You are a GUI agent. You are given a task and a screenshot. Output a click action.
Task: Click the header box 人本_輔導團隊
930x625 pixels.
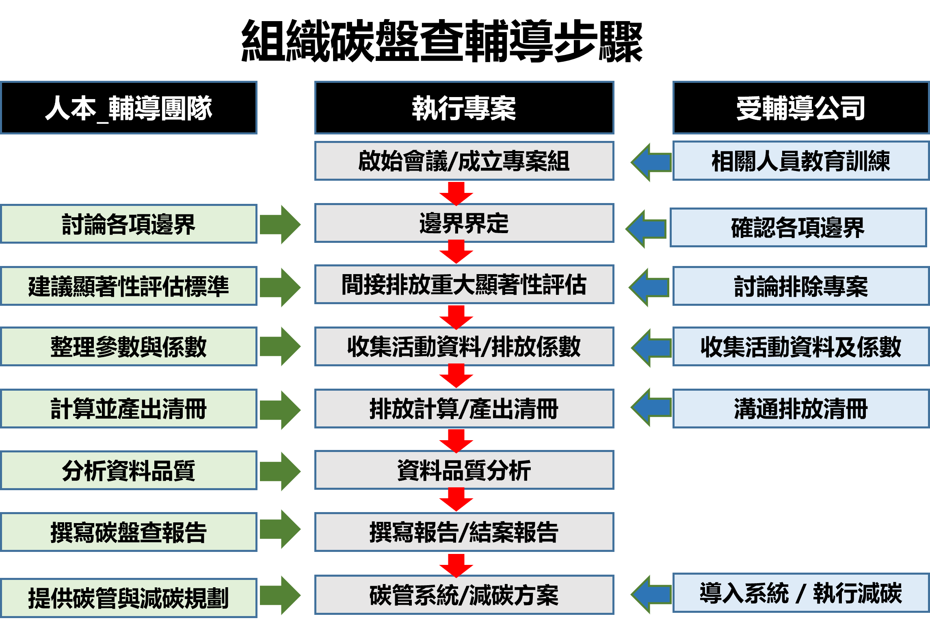tap(129, 108)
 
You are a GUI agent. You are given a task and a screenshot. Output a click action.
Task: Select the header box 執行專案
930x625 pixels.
tap(464, 108)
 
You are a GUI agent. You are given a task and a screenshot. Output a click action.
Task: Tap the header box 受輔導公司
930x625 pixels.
tap(801, 108)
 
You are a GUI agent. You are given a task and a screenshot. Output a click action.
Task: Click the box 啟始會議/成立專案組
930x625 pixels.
tap(464, 161)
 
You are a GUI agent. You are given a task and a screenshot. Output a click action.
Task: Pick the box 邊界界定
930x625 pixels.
tap(464, 223)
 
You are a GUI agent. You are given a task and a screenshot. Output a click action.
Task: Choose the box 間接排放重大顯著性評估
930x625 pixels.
tap(464, 284)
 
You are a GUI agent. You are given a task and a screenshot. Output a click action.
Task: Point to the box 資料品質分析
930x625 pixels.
tap(464, 470)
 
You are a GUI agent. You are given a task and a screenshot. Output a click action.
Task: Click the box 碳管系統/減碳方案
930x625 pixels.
tap(464, 595)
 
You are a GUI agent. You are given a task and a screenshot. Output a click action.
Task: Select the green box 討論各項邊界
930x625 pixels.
tap(129, 224)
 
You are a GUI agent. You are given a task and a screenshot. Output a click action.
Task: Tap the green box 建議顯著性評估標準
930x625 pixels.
tap(129, 286)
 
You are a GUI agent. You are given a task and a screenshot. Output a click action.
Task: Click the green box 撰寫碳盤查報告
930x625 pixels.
tap(129, 532)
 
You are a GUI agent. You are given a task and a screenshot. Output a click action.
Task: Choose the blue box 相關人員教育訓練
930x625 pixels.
tap(801, 161)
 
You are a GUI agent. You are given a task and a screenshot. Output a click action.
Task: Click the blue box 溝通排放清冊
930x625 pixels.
tap(801, 409)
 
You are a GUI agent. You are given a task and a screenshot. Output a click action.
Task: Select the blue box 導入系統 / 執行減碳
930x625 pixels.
tap(801, 593)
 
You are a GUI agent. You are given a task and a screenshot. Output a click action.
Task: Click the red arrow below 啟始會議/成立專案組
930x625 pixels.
tap(456, 194)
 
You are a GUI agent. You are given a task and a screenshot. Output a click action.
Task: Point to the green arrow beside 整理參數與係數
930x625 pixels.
tap(280, 347)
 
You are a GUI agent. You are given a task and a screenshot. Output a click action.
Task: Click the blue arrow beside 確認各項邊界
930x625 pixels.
tap(647, 229)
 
